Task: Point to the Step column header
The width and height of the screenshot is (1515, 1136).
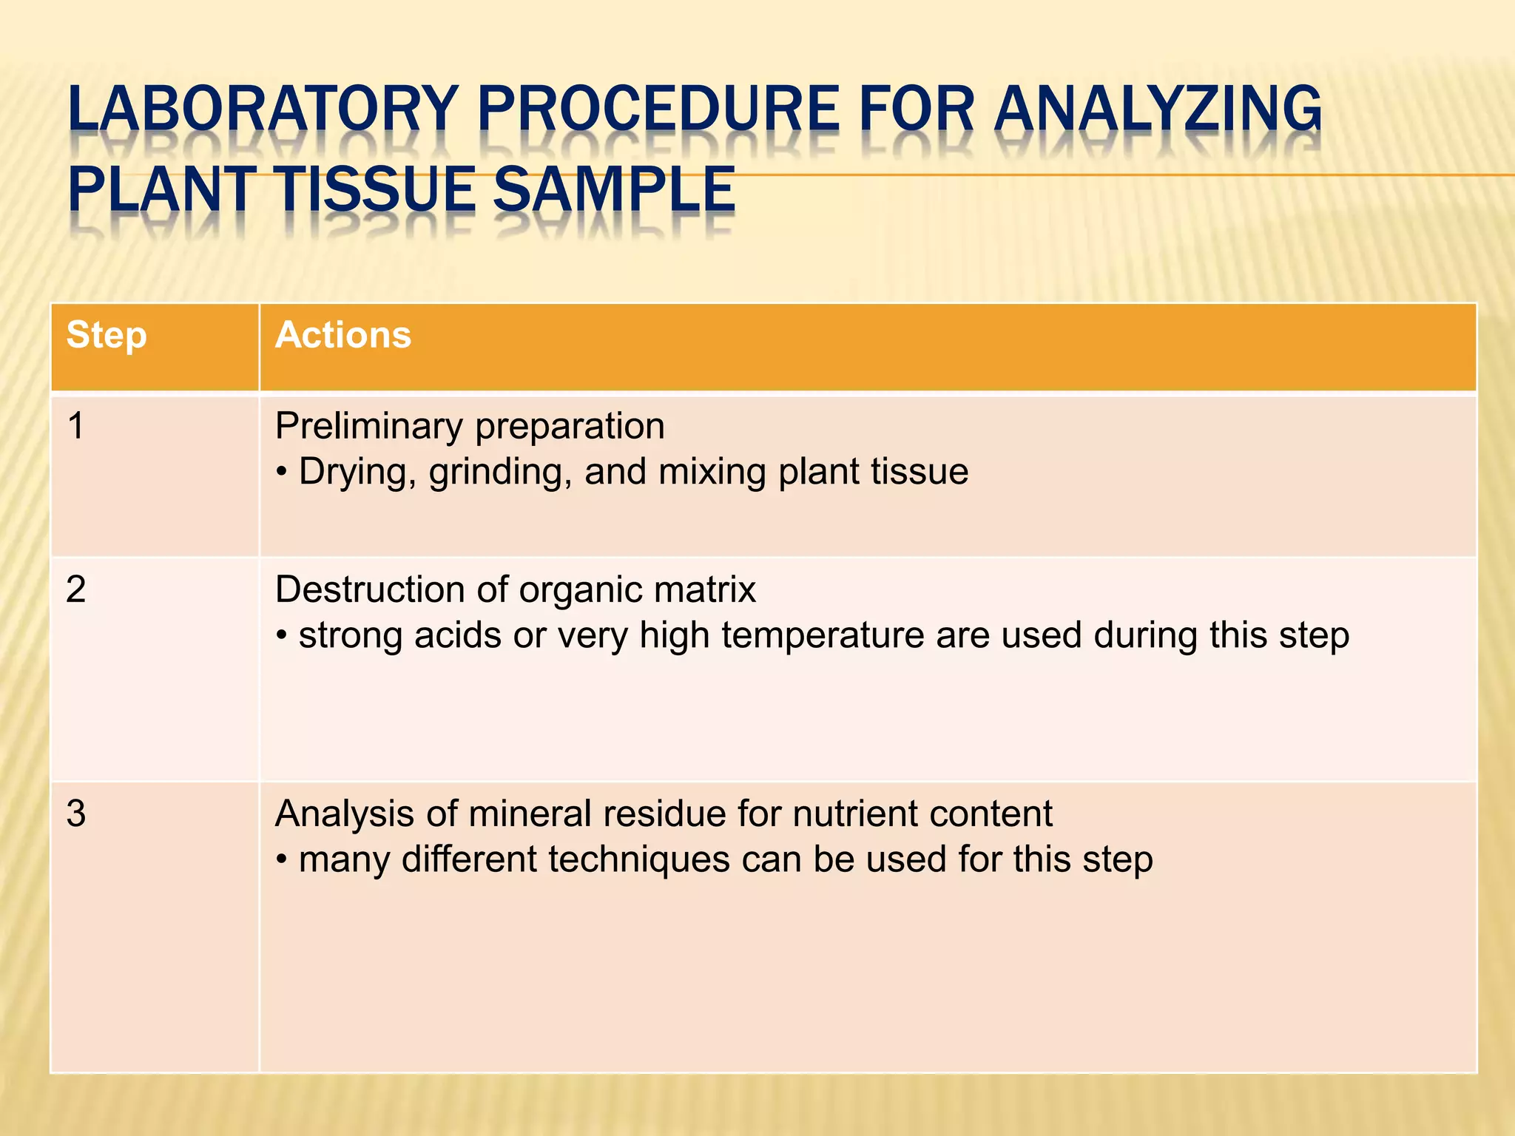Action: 107,335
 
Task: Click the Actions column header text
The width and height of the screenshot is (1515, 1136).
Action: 343,335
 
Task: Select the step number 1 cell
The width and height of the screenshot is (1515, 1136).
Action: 75,427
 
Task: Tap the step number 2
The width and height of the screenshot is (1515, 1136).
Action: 75,590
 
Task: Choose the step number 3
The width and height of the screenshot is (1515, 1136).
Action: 75,814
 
